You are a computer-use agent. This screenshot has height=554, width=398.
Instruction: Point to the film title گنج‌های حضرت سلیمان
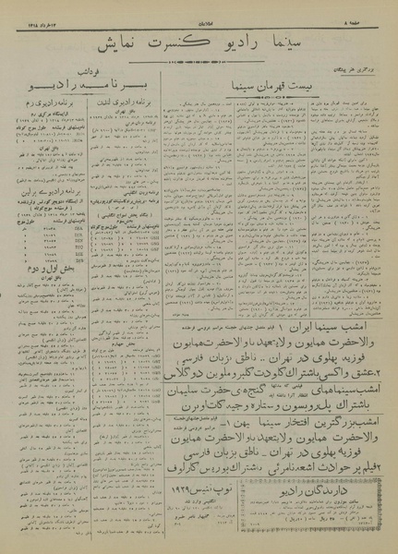coord(240,434)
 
